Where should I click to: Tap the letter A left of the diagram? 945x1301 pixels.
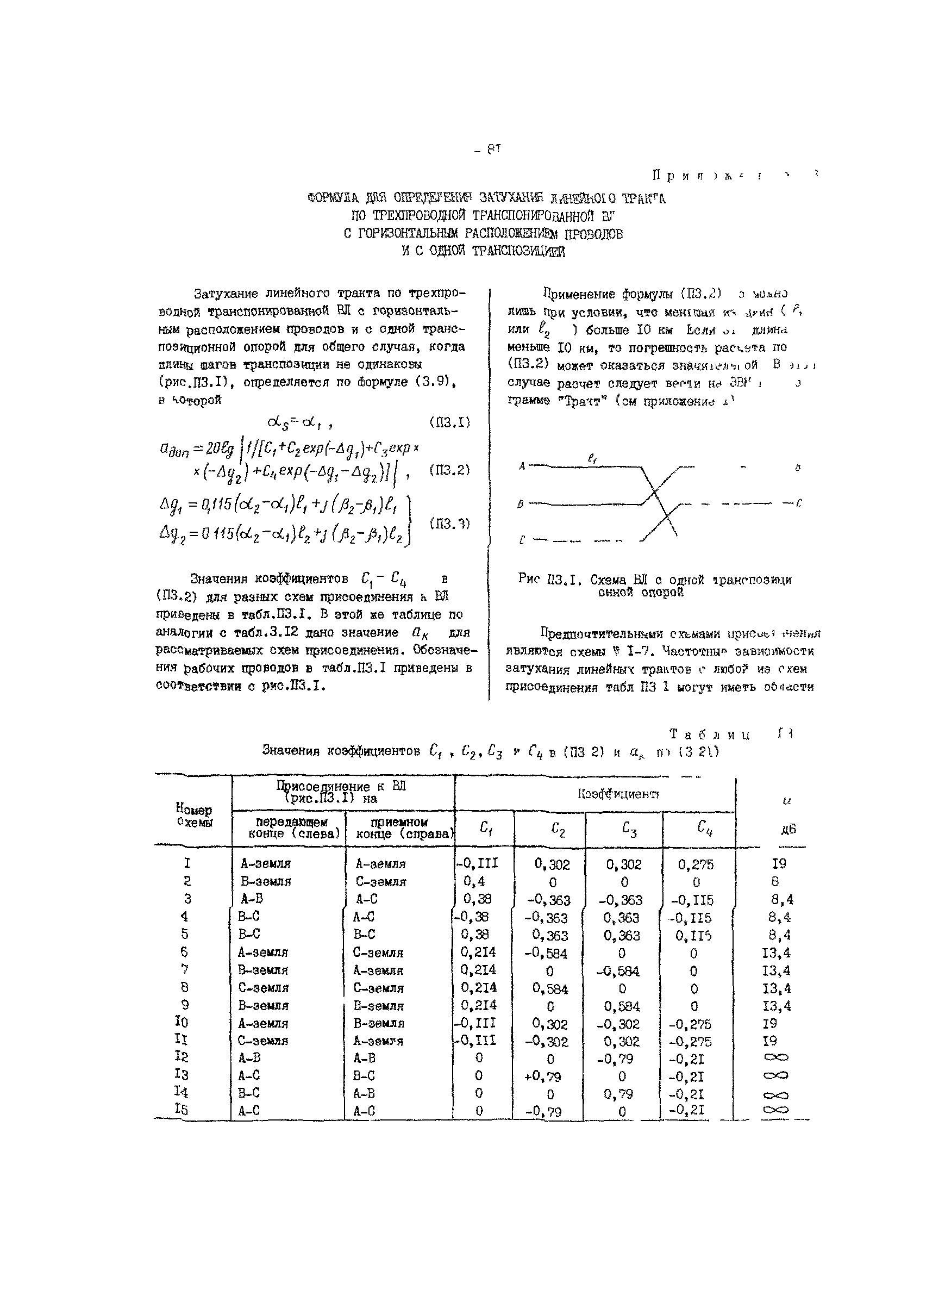pyautogui.click(x=522, y=466)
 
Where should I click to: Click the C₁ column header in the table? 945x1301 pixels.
pyautogui.click(x=485, y=828)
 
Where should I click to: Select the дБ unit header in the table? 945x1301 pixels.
pyautogui.click(x=788, y=829)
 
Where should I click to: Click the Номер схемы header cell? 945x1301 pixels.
pyautogui.click(x=194, y=815)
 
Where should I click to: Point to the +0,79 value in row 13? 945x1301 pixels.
pyautogui.click(x=542, y=1076)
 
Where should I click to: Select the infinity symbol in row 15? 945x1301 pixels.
pyautogui.click(x=776, y=1110)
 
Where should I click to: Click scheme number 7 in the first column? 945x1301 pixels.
pyautogui.click(x=185, y=969)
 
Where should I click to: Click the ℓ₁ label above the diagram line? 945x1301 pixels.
pyautogui.click(x=592, y=458)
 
